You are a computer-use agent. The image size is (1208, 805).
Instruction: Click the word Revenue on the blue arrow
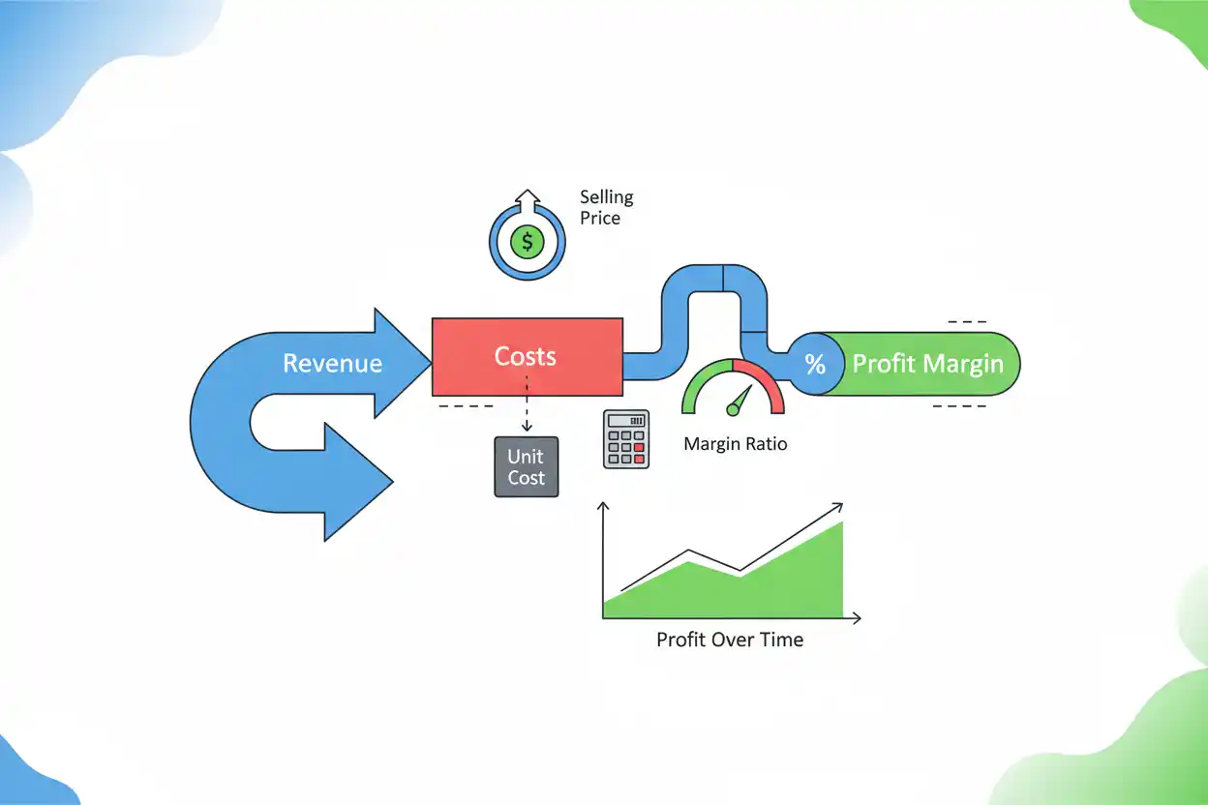(333, 363)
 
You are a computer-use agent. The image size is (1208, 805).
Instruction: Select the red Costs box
(528, 357)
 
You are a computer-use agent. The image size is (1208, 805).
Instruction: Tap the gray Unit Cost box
(527, 467)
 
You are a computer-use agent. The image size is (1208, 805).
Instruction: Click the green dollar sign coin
(528, 242)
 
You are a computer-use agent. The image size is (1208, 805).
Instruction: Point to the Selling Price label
(606, 207)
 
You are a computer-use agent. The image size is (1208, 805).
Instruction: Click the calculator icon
(626, 439)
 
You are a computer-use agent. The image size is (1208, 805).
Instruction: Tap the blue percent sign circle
(815, 364)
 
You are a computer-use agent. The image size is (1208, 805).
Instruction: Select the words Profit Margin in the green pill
(927, 364)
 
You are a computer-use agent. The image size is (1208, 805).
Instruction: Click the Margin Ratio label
(735, 444)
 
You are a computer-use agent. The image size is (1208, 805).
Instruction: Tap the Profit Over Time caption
(730, 640)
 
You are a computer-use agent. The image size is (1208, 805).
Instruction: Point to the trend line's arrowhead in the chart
(837, 507)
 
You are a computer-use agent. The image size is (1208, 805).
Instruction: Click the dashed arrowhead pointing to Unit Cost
(527, 427)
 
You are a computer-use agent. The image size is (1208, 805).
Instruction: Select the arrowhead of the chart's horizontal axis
(857, 618)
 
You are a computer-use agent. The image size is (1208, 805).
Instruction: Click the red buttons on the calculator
(639, 453)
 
